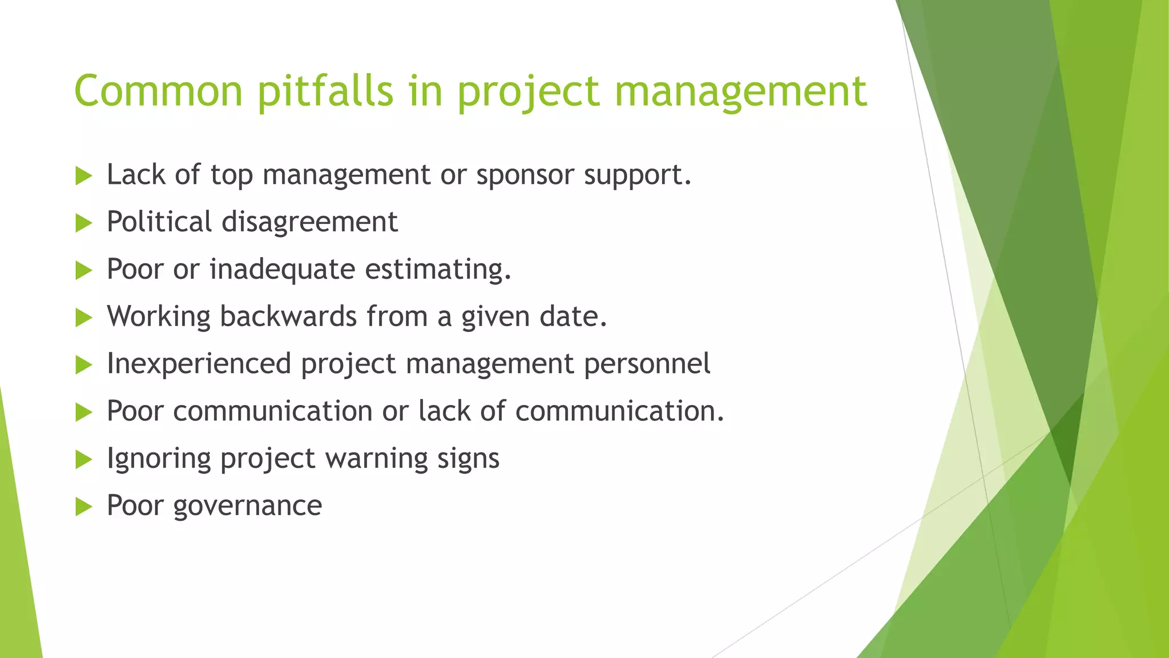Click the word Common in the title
pos(159,91)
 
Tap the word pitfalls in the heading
pos(325,91)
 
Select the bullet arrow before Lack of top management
pos(83,176)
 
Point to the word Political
pos(159,222)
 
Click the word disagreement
pos(309,223)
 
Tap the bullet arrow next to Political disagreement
pos(83,223)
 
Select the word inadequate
pos(282,270)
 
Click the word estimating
pos(438,270)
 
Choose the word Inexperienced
pos(199,364)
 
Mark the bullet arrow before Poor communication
pos(83,412)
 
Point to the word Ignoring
pos(158,459)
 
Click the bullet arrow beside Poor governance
pos(83,507)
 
